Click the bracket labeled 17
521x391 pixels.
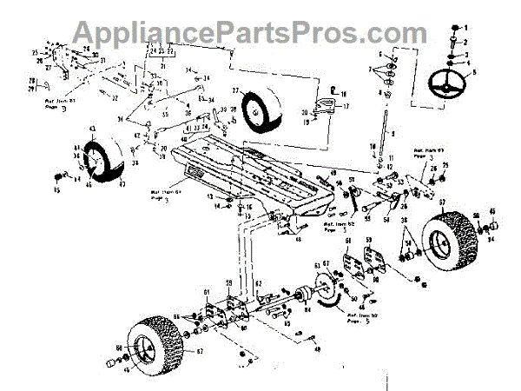click(x=327, y=107)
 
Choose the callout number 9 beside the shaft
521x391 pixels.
click(x=392, y=134)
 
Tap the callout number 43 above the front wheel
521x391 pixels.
click(x=91, y=130)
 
